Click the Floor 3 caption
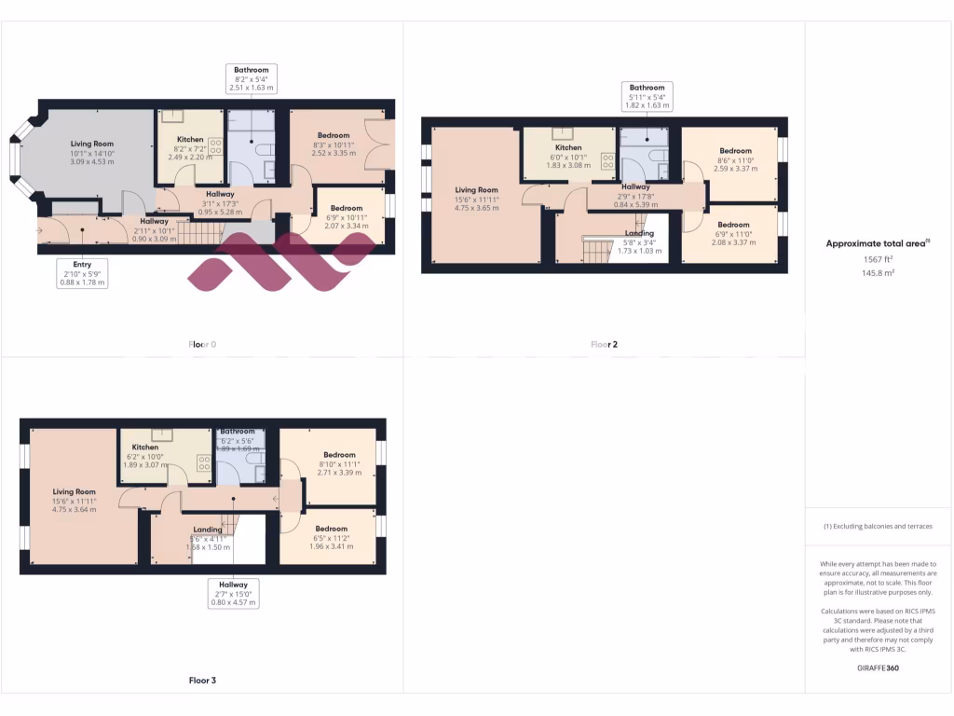(x=202, y=681)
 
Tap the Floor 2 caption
(x=604, y=344)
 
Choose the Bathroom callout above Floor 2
(x=647, y=97)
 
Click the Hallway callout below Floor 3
(x=233, y=593)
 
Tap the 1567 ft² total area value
(x=879, y=261)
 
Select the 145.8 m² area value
(x=879, y=273)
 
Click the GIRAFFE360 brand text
(x=879, y=668)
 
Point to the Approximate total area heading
(x=879, y=244)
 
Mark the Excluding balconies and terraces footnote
(x=879, y=527)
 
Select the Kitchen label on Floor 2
(x=568, y=156)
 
